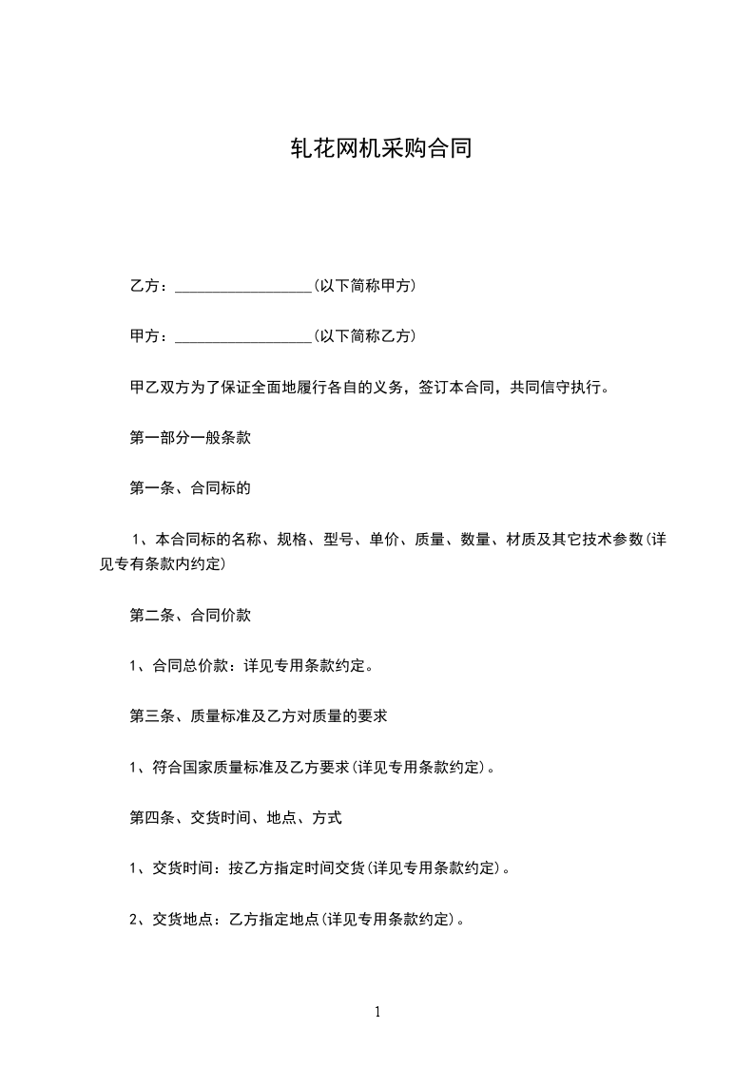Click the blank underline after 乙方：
coord(244,286)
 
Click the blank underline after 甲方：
coord(244,336)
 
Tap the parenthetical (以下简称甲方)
coord(364,285)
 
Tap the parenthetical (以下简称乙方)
coord(364,335)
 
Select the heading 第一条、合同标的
coord(190,488)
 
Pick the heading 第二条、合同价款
coord(190,615)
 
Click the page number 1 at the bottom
coord(377,1012)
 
